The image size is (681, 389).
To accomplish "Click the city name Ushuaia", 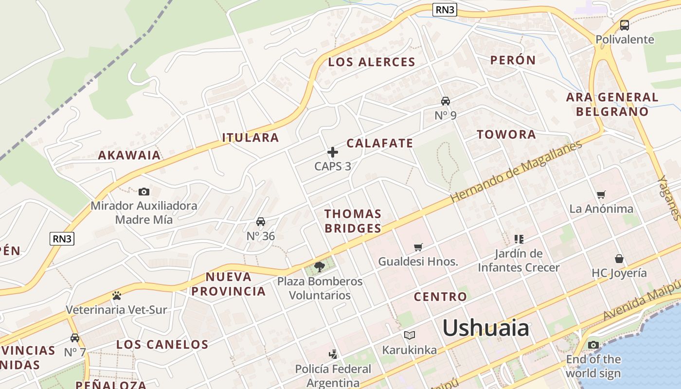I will coord(485,328).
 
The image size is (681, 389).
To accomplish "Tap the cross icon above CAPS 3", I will coord(333,152).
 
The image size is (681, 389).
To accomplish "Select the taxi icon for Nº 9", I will coord(445,101).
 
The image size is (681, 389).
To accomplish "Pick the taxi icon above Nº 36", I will coord(261,222).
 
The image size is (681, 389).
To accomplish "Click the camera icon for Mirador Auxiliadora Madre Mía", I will coord(143,192).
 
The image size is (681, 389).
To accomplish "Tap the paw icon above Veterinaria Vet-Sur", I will coord(116,295).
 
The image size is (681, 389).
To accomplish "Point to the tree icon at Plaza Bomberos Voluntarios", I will coord(320,266).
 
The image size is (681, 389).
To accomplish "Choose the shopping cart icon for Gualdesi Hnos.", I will coord(418,247).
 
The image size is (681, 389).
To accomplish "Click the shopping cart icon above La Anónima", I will coord(601,194).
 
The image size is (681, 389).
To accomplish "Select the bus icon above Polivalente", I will coord(625,25).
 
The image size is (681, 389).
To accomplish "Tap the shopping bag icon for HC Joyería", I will coord(619,258).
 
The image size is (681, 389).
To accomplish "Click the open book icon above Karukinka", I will coord(410,335).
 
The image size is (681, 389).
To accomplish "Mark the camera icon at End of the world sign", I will coord(593,345).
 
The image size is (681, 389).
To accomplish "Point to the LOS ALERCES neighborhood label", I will coord(372,62).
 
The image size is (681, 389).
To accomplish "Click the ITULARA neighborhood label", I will coord(251,138).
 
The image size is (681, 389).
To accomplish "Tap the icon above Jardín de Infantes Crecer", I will coord(519,239).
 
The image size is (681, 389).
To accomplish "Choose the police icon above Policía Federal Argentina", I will coord(333,354).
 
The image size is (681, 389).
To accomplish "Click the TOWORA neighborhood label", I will coord(506,135).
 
